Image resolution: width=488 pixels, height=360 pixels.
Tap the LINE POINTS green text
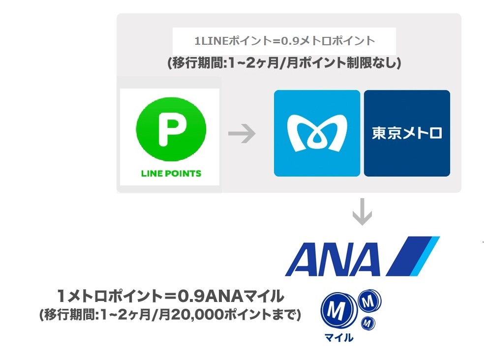pyautogui.click(x=171, y=174)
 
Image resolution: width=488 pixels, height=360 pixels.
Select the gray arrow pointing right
pyautogui.click(x=242, y=134)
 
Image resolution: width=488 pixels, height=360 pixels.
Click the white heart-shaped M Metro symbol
pyautogui.click(x=317, y=133)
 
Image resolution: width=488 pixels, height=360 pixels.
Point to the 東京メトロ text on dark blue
pyautogui.click(x=407, y=133)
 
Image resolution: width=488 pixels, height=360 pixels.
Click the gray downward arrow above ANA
pyautogui.click(x=363, y=212)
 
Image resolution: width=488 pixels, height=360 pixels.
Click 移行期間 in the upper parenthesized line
pyautogui.click(x=197, y=63)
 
